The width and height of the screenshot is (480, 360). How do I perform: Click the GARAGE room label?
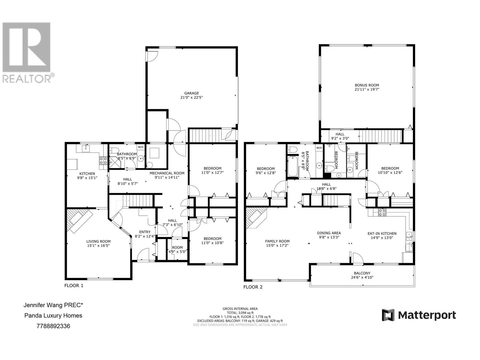191,93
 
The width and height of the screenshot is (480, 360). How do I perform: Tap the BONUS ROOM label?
367,85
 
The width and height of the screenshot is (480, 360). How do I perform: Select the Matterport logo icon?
388,315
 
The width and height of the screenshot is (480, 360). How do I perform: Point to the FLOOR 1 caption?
74,286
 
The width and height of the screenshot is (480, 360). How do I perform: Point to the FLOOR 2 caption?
253,287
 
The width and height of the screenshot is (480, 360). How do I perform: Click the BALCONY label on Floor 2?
362,273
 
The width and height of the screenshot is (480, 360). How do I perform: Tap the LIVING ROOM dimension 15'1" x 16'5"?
98,246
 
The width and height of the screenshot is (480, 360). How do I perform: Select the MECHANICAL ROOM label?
167,173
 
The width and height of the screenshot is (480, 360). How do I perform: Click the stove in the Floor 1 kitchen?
103,160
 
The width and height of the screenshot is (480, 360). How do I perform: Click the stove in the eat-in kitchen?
382,212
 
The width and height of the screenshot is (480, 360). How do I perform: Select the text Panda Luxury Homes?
53,316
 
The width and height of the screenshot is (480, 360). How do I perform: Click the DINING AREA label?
329,233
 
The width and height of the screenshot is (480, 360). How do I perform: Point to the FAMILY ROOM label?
277,241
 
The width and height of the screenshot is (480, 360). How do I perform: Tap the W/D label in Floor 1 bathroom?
140,147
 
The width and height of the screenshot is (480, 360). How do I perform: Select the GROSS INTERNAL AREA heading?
240,309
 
